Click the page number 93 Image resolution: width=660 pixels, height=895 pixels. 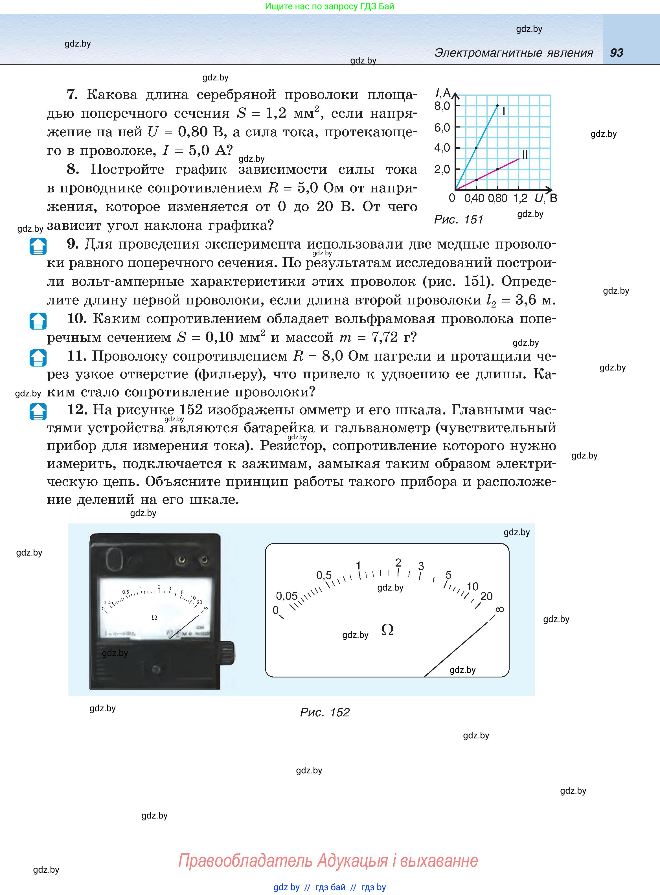(x=617, y=53)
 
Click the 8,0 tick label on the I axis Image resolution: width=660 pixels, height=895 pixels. (x=442, y=106)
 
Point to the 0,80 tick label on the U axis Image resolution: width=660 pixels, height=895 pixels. (x=497, y=198)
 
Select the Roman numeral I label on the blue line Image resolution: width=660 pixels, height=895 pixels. (x=504, y=111)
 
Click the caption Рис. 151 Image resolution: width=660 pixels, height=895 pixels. (x=459, y=219)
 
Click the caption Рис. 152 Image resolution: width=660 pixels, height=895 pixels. (x=324, y=712)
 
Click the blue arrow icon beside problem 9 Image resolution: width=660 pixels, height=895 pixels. (x=38, y=246)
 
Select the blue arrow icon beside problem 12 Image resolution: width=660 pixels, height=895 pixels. (x=38, y=411)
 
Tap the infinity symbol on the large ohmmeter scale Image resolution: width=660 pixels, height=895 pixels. (x=499, y=609)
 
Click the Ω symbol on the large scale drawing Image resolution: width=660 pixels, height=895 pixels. (x=387, y=630)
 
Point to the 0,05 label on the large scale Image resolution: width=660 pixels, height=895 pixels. (x=287, y=596)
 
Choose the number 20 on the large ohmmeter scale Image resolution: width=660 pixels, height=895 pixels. (x=486, y=596)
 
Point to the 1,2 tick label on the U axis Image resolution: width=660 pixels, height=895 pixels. (x=520, y=198)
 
